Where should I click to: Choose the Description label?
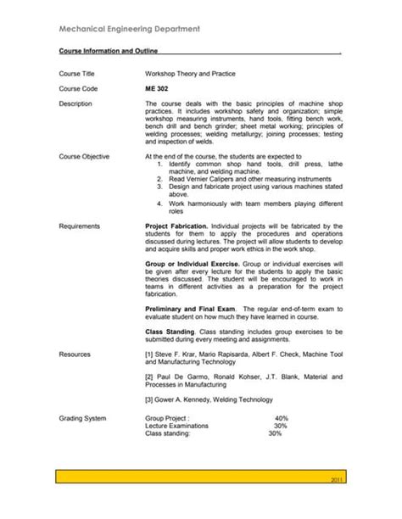coord(77,103)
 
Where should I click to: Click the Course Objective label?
coord(85,157)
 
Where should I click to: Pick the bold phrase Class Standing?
coord(170,332)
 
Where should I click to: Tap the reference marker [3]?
coord(150,399)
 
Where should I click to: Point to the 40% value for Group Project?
coord(282,419)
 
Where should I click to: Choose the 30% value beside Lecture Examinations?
coord(280,426)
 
